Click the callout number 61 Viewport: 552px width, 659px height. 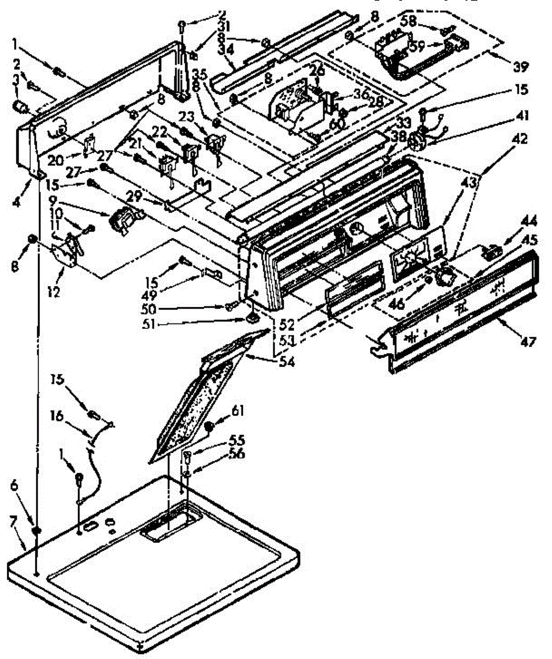pyautogui.click(x=238, y=411)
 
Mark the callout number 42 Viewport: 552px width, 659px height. pyautogui.click(x=519, y=139)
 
